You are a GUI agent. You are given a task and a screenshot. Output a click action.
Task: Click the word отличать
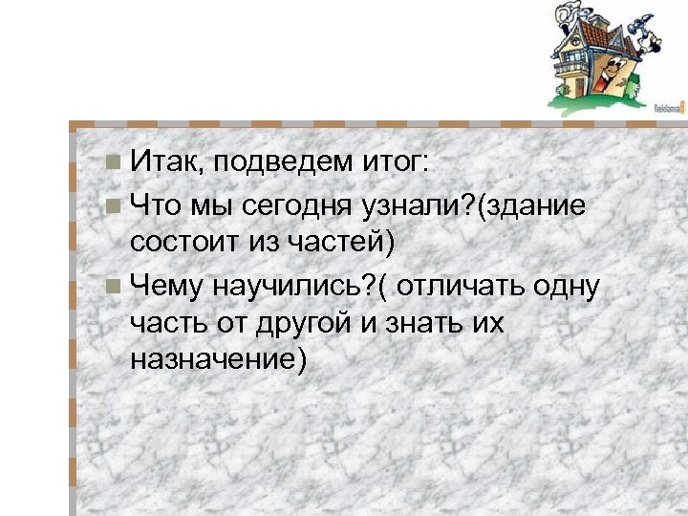[464, 284]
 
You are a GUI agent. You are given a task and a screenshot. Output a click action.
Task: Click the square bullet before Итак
[115, 162]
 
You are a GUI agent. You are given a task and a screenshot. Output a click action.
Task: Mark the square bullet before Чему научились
[115, 283]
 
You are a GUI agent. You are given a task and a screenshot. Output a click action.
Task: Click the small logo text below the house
[668, 109]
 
